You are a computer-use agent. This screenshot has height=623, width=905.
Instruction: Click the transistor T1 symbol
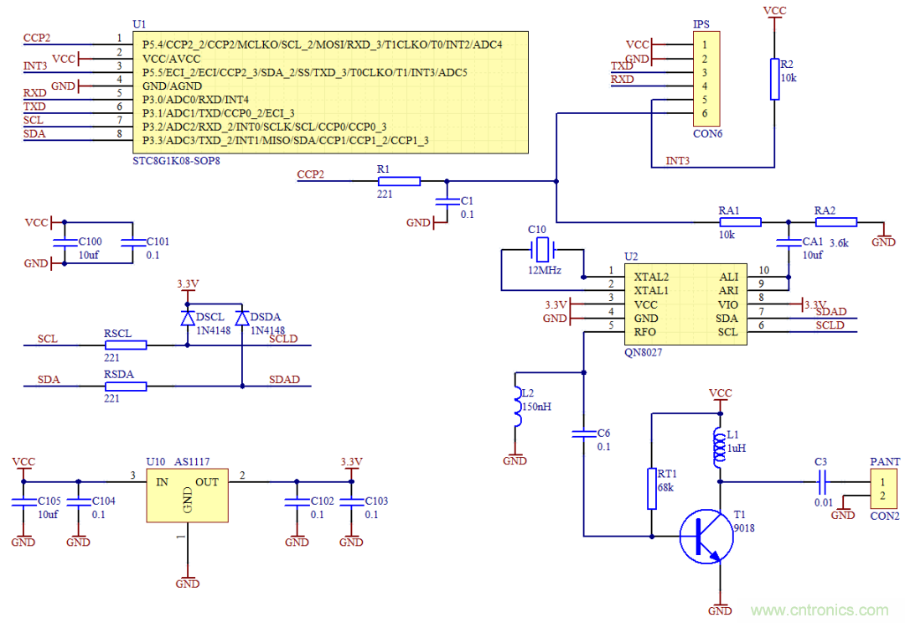tap(705, 537)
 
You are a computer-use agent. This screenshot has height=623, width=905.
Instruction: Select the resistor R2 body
tap(774, 80)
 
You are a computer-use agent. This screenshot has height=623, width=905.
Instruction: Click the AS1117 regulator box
tap(187, 496)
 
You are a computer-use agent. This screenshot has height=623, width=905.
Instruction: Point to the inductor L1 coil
tap(718, 449)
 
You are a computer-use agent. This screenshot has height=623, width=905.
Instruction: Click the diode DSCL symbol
tap(187, 318)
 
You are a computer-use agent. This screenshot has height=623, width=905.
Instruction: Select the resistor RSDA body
tap(126, 387)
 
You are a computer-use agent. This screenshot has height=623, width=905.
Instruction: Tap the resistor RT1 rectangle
tap(651, 489)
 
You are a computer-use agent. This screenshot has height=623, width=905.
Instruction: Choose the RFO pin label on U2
tap(645, 332)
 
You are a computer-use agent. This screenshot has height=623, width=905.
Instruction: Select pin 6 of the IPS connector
tap(706, 113)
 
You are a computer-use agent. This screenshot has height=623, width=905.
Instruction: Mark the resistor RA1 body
tap(740, 222)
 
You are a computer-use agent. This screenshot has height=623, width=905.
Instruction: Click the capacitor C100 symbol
tap(59, 241)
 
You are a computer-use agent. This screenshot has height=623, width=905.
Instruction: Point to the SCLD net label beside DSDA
tap(284, 339)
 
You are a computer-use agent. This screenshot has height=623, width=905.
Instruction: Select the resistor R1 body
tap(399, 180)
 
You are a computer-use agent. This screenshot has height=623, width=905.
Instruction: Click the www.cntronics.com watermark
tap(826, 610)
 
